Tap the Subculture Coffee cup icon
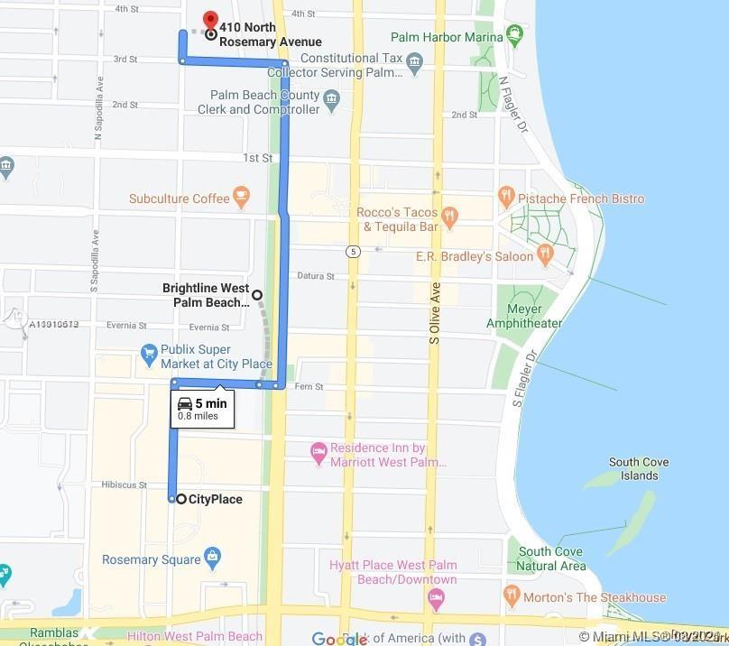240,195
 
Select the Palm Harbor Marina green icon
515,37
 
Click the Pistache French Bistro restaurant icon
506,195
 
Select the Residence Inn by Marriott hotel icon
318,450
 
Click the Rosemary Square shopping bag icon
212,557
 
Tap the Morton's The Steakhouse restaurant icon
512,595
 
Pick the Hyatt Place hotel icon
436,598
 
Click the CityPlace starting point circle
181,499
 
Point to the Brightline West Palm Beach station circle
257,294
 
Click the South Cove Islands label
638,468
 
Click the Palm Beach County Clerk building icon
331,97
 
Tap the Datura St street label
317,276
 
